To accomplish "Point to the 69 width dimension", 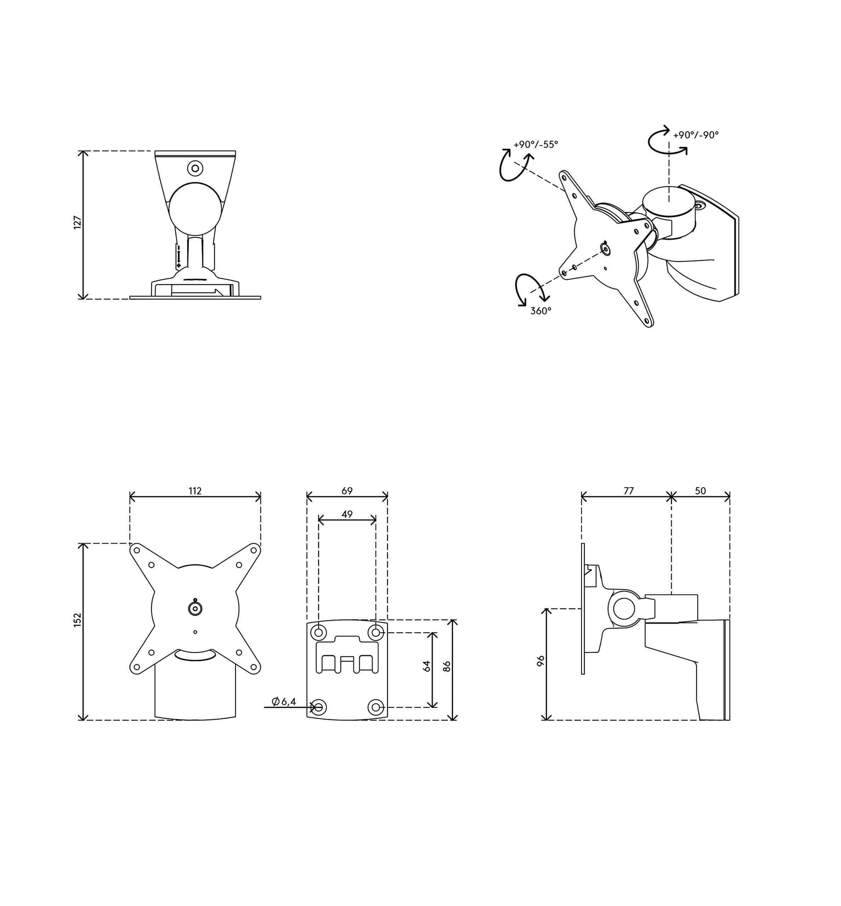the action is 347,491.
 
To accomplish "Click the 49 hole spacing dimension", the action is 347,514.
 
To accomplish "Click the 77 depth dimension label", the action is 629,491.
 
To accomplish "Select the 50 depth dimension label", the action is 700,491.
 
